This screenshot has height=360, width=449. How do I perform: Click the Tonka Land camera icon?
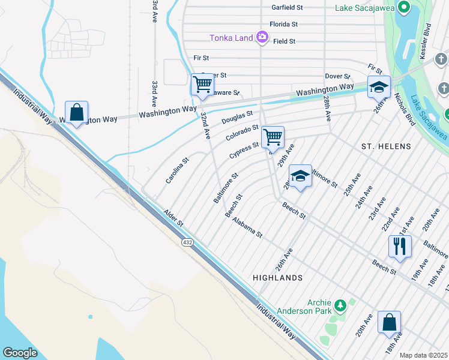(262, 38)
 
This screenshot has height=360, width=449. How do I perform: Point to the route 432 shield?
(187, 241)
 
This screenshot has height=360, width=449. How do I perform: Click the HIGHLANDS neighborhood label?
(277, 278)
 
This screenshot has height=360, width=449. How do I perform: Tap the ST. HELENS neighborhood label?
(386, 146)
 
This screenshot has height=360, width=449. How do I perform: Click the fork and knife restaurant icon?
(399, 245)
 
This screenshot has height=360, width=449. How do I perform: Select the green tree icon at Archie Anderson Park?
(340, 306)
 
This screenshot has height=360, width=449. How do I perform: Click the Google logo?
(20, 353)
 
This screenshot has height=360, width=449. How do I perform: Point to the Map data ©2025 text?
(423, 355)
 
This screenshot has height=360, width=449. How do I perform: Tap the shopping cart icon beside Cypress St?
(273, 137)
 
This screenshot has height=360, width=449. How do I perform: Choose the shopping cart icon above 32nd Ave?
(202, 85)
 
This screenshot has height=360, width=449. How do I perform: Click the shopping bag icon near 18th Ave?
(389, 322)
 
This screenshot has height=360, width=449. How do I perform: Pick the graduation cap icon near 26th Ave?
(379, 87)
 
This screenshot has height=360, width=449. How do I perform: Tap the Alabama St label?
(247, 228)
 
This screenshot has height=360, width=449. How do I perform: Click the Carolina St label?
(178, 170)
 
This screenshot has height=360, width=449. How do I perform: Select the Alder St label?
(173, 218)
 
